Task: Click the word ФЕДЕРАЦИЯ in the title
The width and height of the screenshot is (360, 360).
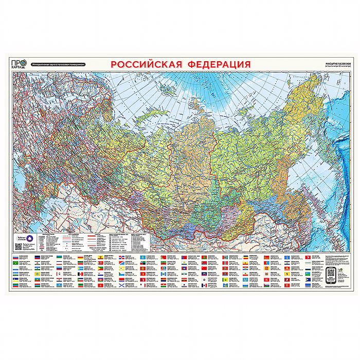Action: point(219,64)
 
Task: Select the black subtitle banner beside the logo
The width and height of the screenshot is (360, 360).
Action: point(57,65)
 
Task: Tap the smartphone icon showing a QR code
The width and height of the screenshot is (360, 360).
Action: point(331,275)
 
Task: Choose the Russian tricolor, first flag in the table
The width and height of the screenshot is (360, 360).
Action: point(16,256)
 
